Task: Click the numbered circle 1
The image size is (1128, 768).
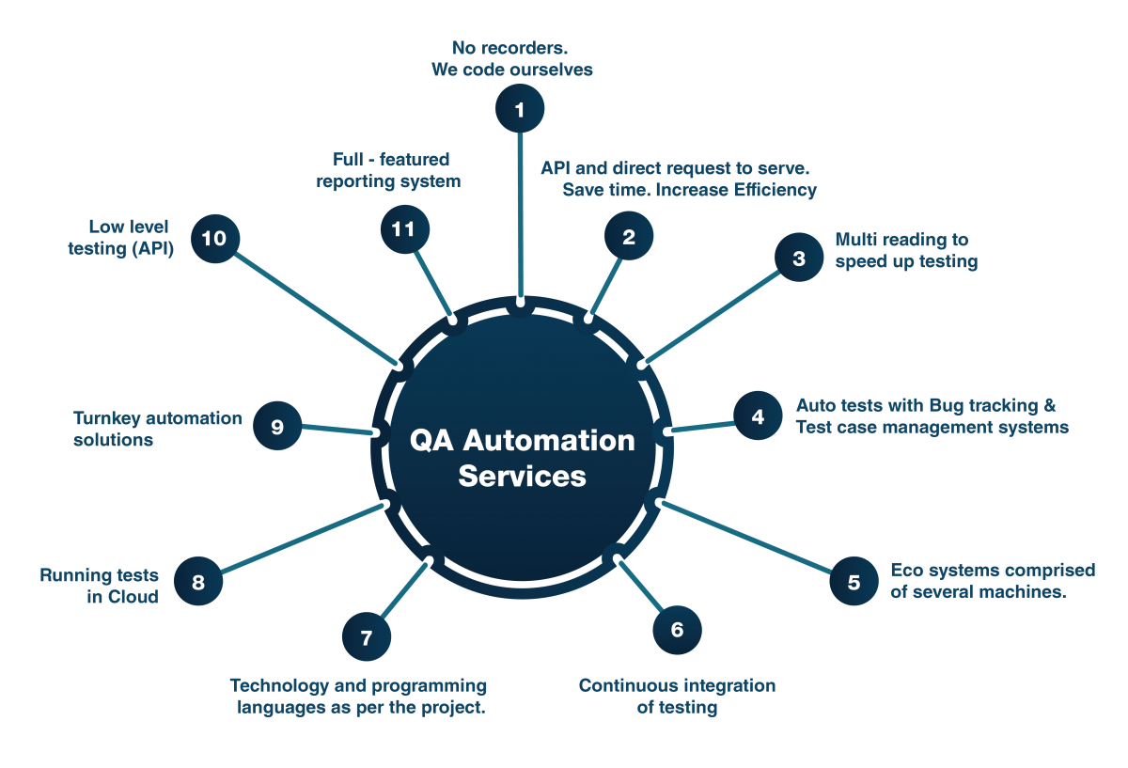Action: (520, 110)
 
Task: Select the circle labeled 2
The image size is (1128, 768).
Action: (629, 237)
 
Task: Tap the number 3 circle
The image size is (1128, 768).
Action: (798, 259)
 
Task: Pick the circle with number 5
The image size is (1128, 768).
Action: (854, 582)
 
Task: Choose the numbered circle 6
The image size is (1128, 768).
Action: (677, 630)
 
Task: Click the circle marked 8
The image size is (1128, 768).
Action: (197, 582)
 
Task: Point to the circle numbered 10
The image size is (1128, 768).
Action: (214, 239)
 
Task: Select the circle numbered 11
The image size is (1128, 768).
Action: (404, 229)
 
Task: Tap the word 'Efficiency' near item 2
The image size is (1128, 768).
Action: (776, 190)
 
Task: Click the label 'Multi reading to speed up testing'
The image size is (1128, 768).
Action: (905, 251)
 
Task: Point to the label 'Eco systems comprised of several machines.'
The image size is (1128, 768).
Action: (992, 581)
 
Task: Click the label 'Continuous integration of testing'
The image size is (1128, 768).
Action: (677, 696)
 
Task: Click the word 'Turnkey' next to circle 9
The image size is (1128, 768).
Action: (110, 418)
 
